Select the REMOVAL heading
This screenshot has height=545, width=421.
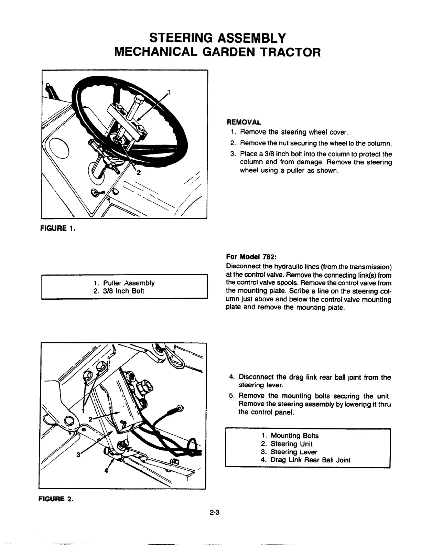(x=243, y=122)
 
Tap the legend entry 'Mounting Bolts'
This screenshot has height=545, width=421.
(x=294, y=436)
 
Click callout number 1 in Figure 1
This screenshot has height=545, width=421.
(x=169, y=92)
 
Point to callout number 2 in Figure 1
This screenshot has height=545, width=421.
(x=139, y=173)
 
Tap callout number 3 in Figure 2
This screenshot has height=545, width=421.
(x=78, y=455)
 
